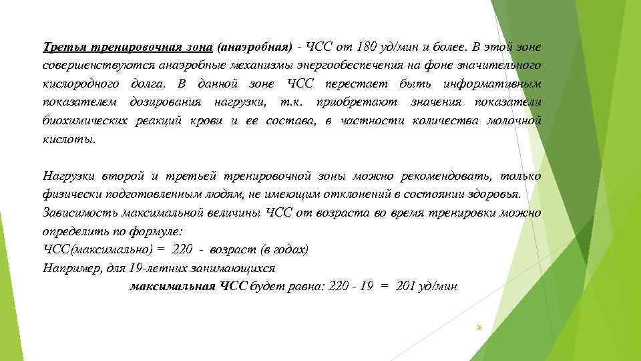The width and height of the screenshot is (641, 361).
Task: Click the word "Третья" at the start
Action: pyautogui.click(x=62, y=47)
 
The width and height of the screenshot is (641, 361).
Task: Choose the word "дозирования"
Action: pyautogui.click(x=167, y=102)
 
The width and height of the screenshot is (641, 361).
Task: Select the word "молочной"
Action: pyautogui.click(x=513, y=120)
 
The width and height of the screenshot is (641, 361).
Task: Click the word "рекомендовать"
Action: pyautogui.click(x=445, y=176)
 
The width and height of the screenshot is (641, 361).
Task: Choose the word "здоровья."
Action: pyautogui.click(x=502, y=195)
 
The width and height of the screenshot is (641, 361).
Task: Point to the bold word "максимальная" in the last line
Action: pyautogui.click(x=172, y=286)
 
